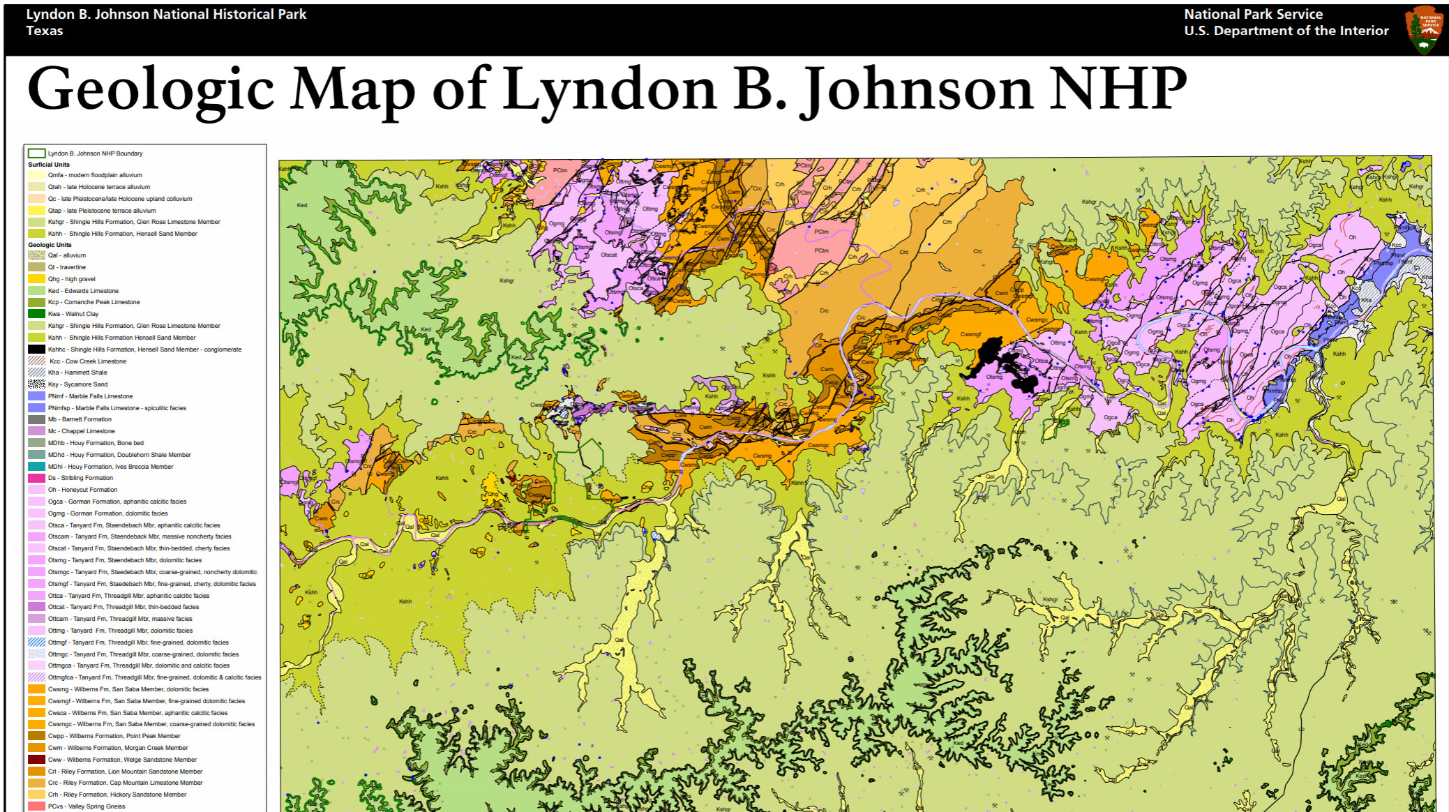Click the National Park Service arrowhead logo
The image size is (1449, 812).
click(1425, 30)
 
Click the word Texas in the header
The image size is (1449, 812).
click(45, 31)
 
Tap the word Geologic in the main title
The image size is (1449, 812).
click(150, 89)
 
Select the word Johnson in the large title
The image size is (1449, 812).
click(916, 89)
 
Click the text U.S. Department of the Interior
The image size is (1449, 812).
click(1286, 31)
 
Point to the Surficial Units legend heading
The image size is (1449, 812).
click(49, 165)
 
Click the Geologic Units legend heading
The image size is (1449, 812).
click(50, 245)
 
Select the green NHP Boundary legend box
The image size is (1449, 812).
click(36, 153)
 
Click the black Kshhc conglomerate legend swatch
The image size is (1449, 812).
click(36, 349)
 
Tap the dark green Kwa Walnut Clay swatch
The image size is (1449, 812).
click(36, 314)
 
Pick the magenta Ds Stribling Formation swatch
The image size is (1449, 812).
click(36, 478)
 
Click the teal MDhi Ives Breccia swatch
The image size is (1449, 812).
click(36, 466)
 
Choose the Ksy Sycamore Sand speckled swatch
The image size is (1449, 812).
click(36, 384)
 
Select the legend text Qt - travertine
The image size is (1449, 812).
click(67, 267)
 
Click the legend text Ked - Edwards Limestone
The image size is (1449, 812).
click(83, 291)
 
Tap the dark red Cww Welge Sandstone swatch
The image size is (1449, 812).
click(36, 760)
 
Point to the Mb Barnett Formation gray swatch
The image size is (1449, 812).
click(36, 419)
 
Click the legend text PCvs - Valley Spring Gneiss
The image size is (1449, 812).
click(87, 806)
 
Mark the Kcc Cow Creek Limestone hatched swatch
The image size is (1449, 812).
click(36, 361)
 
